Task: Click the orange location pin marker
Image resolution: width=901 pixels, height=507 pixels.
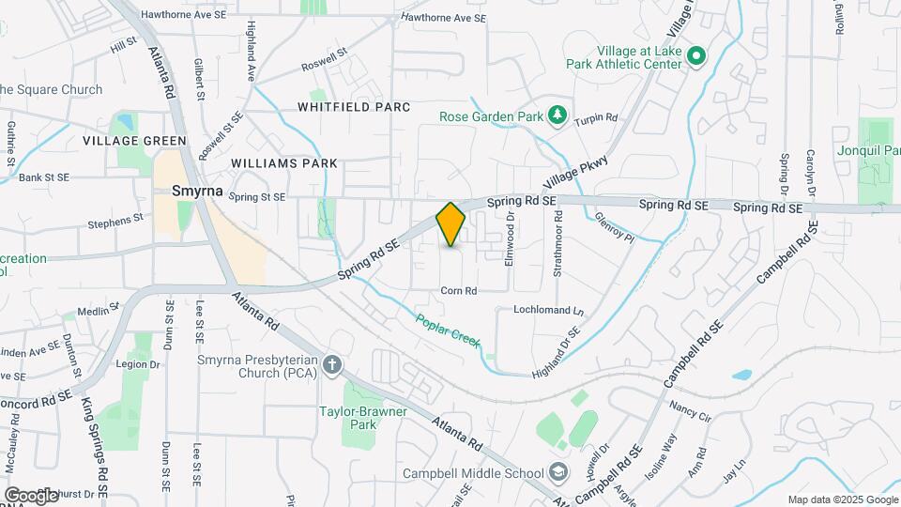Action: [x=450, y=224]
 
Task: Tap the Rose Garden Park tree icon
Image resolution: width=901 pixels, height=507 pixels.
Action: [x=557, y=115]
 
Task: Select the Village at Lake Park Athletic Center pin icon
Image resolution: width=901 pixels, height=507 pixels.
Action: [x=695, y=57]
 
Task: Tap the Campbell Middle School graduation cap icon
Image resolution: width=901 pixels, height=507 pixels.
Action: [x=559, y=471]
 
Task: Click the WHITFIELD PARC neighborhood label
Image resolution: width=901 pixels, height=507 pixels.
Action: [x=354, y=107]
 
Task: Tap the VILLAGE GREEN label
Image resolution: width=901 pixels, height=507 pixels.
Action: [x=134, y=141]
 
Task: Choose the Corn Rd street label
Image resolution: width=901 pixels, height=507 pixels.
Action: [x=459, y=291]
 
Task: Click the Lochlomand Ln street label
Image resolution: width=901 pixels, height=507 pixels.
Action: [x=548, y=310]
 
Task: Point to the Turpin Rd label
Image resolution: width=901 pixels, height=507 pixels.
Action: [x=597, y=118]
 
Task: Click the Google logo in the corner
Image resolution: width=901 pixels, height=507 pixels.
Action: [x=31, y=495]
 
